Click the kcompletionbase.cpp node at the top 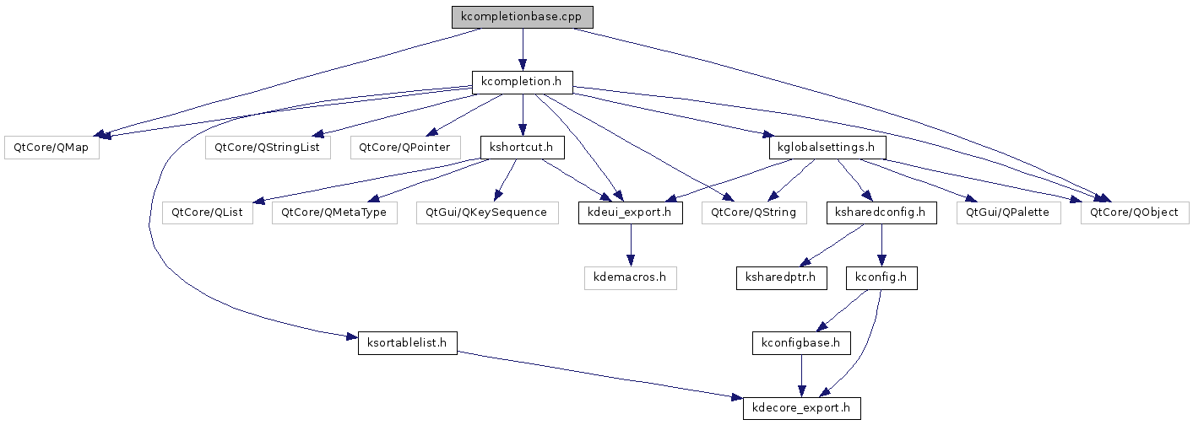(x=522, y=17)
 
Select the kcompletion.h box (x=522, y=83)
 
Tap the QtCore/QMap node (x=52, y=148)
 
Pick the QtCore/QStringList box (x=268, y=148)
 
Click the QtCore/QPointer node (x=405, y=148)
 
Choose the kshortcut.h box (x=522, y=148)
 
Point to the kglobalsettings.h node (x=827, y=148)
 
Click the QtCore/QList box (x=207, y=212)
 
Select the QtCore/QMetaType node (x=334, y=212)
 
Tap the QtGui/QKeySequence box (x=487, y=212)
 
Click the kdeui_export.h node (x=631, y=212)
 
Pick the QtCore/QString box (x=754, y=212)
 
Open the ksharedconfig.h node (x=881, y=212)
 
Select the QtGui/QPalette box (x=1009, y=212)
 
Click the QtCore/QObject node (x=1135, y=212)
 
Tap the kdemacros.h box (x=631, y=278)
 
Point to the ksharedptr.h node (x=782, y=278)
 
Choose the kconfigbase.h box (x=801, y=343)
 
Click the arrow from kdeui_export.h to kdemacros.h (x=631, y=245)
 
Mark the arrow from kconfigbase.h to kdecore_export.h (x=801, y=375)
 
